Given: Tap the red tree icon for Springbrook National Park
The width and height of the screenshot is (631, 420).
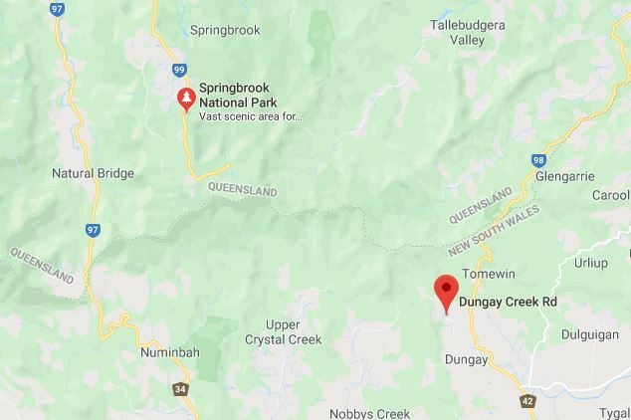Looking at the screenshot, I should click(x=185, y=98).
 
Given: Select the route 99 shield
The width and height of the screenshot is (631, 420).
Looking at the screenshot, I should click(x=179, y=70).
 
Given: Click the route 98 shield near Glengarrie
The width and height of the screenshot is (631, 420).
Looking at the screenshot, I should click(x=538, y=160).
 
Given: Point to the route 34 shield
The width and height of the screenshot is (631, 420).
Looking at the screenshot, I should click(x=181, y=389).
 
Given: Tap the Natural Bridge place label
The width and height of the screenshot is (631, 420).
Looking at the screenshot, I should click(x=93, y=173).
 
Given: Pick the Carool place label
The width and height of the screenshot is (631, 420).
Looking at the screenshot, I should click(x=610, y=196).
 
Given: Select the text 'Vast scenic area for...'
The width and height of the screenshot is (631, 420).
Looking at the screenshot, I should click(x=250, y=115).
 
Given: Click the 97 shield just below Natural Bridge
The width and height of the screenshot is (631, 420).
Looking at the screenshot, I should click(x=93, y=230).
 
